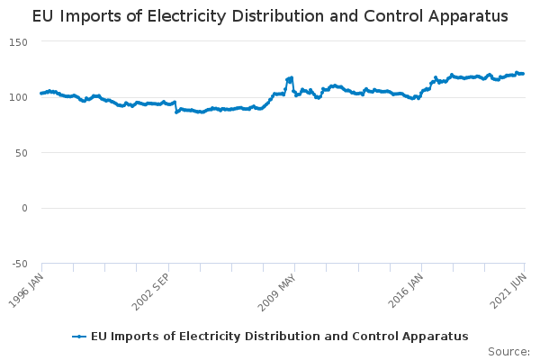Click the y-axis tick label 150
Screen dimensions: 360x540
pyautogui.click(x=20, y=42)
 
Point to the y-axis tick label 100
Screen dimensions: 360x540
pyautogui.click(x=20, y=97)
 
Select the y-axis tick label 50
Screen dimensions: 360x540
pyautogui.click(x=22, y=153)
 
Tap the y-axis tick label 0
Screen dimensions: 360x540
pyautogui.click(x=25, y=208)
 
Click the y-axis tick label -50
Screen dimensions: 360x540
pyautogui.click(x=20, y=264)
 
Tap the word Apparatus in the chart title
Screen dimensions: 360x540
pyautogui.click(x=464, y=17)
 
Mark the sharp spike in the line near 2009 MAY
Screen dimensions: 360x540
pyautogui.click(x=291, y=78)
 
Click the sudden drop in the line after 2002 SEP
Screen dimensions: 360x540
pyautogui.click(x=176, y=112)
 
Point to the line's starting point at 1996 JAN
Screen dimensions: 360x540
pyautogui.click(x=41, y=94)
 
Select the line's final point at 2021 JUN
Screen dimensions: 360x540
pyautogui.click(x=524, y=73)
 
